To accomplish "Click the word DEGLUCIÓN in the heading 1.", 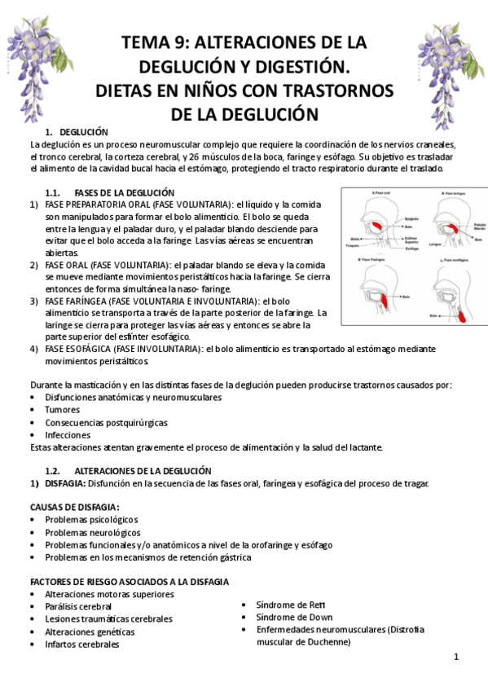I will coord(84,132).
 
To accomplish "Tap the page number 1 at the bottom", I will coord(456,657).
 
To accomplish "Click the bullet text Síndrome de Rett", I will coord(289,605).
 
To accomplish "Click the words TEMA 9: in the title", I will coord(155,42).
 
